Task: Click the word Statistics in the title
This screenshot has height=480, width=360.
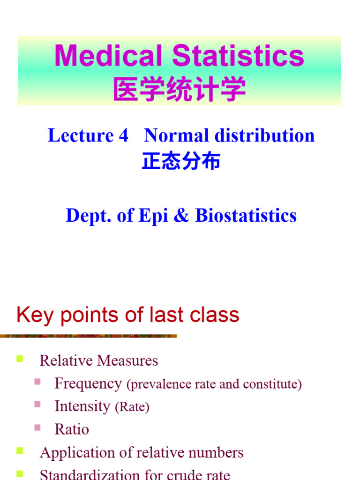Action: pos(239,56)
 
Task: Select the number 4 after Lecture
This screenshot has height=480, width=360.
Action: pos(123,136)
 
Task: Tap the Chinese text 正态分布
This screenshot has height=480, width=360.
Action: pos(181,162)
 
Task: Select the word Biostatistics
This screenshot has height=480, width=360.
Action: pos(246,216)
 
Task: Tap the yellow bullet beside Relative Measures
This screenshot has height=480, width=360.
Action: pos(20,360)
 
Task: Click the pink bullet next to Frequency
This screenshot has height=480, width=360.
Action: pos(37,382)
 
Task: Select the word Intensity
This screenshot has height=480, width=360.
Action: pos(82,406)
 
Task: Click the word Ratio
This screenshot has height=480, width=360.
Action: pos(72,429)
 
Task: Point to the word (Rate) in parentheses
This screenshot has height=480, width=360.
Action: pos(132,407)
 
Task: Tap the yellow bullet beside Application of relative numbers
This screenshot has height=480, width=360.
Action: pos(20,451)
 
